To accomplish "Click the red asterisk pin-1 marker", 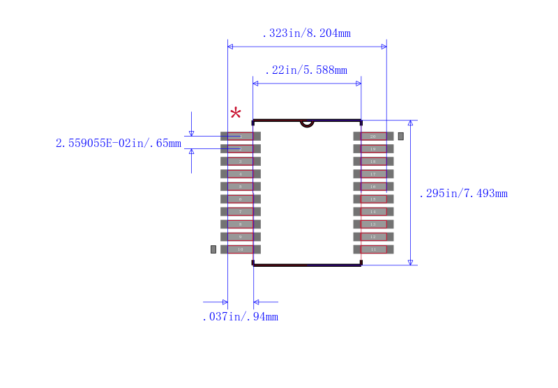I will (x=236, y=114).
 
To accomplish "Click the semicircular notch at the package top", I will (x=307, y=124).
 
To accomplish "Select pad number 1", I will (x=241, y=137).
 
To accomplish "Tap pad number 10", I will (x=241, y=249).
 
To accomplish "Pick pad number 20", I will (x=373, y=137).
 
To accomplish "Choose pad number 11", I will (x=373, y=249).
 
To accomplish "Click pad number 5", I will (x=241, y=187).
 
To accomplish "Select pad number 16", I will (x=373, y=187).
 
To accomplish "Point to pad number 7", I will (x=241, y=212).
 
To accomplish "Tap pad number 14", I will (x=373, y=212).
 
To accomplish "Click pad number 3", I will (x=241, y=162).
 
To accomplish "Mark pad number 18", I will (x=373, y=162).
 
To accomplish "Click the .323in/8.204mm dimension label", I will (x=306, y=33).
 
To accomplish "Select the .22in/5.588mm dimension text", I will (x=306, y=70).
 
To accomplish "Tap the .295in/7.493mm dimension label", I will (x=463, y=194).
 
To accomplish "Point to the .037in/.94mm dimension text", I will (x=240, y=317).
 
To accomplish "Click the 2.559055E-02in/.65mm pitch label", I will (x=119, y=143).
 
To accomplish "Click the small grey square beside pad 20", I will (x=401, y=136).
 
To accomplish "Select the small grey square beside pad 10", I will (x=213, y=249).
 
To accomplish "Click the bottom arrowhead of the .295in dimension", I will (x=410, y=261).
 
